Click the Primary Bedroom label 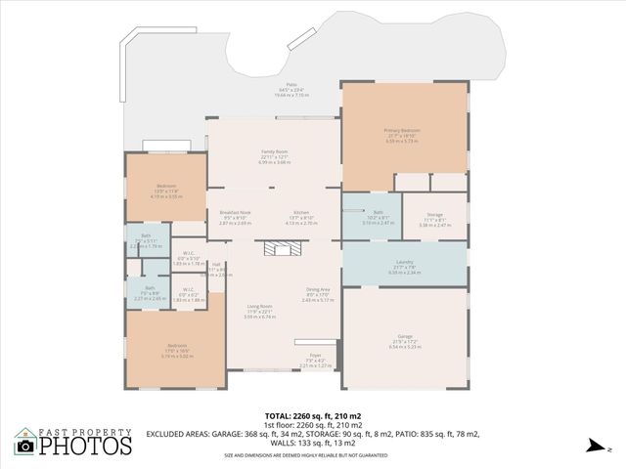coord(402,130)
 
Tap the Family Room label coord(275,152)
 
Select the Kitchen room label coord(302,213)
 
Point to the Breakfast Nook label coord(235,213)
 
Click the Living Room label coord(259,307)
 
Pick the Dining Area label coord(318,290)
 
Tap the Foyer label coord(315,356)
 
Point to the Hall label coord(216,265)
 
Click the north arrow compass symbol coord(592,445)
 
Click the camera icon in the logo coord(25,446)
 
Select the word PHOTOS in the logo coord(85,446)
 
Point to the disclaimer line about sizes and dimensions coord(312,454)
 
